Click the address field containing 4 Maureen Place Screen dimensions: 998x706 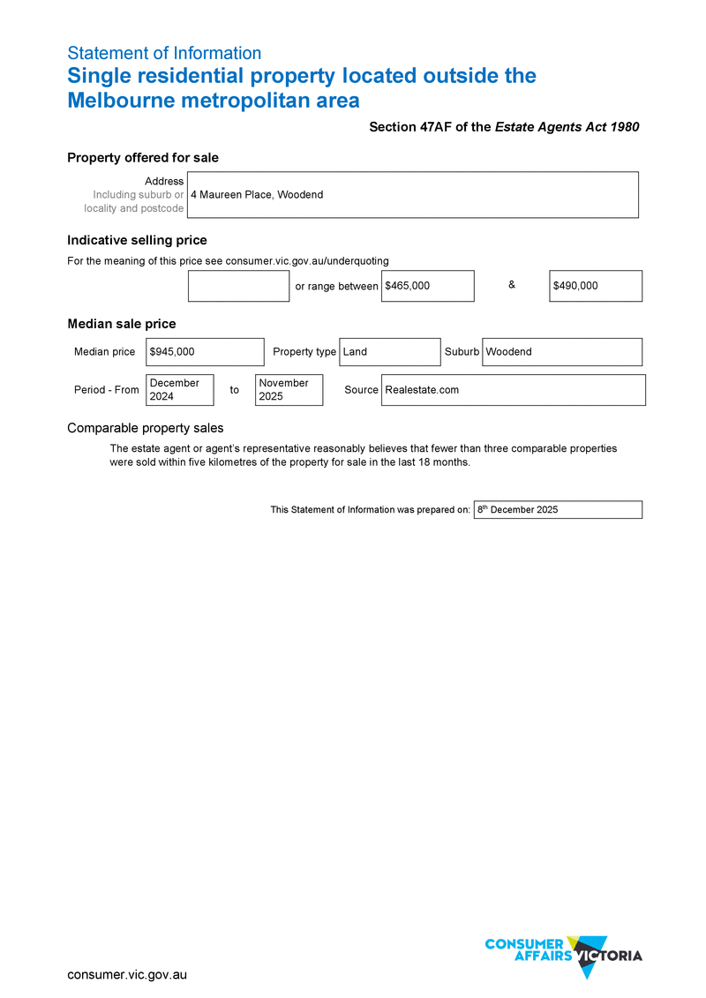pyautogui.click(x=412, y=194)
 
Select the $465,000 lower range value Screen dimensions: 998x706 pyautogui.click(x=427, y=286)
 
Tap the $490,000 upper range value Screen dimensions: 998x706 pyautogui.click(x=595, y=286)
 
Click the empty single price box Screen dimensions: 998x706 pyautogui.click(x=238, y=286)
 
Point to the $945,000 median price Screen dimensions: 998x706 pyautogui.click(x=205, y=351)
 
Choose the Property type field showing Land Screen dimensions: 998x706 pyautogui.click(x=389, y=351)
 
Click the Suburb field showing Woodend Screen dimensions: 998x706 pyautogui.click(x=561, y=351)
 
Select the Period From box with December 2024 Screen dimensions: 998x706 pyautogui.click(x=180, y=390)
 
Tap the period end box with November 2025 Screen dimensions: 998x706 pyautogui.click(x=289, y=390)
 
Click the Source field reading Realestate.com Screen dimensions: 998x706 pyautogui.click(x=513, y=390)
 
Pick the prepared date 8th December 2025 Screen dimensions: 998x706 pyautogui.click(x=557, y=510)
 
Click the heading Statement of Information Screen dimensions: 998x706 pyautogui.click(x=164, y=53)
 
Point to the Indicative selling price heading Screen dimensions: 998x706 pyautogui.click(x=137, y=240)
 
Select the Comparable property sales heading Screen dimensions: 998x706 pyautogui.click(x=146, y=428)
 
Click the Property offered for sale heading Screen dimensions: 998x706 pyautogui.click(x=143, y=158)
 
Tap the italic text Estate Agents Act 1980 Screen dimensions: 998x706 pyautogui.click(x=567, y=127)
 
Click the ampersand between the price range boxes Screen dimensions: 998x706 pyautogui.click(x=512, y=285)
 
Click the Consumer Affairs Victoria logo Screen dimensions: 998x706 pyautogui.click(x=563, y=956)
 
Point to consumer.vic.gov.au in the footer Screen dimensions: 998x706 pyautogui.click(x=127, y=975)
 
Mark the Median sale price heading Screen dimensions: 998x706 pyautogui.click(x=122, y=324)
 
